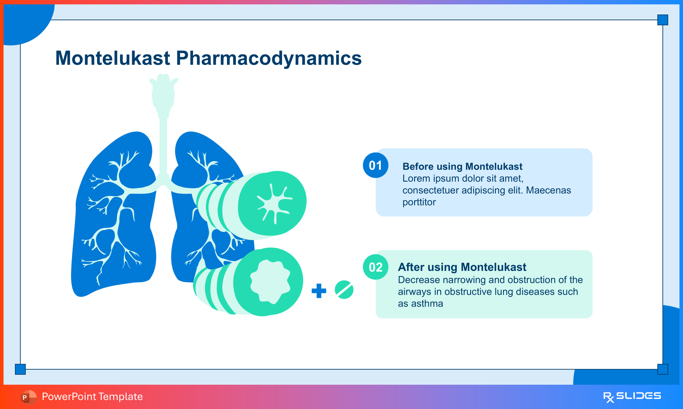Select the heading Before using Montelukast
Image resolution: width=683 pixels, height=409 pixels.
462,166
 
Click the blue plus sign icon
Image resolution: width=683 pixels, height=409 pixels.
319,290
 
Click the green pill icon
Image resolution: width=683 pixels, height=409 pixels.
344,290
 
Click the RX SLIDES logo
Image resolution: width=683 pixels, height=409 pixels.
632,397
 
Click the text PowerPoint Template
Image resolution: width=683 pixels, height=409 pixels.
92,397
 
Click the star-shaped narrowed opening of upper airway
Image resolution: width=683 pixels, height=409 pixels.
274,203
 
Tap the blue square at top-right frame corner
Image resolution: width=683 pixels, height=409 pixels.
663,20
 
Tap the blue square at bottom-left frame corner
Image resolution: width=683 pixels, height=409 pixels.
20,369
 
